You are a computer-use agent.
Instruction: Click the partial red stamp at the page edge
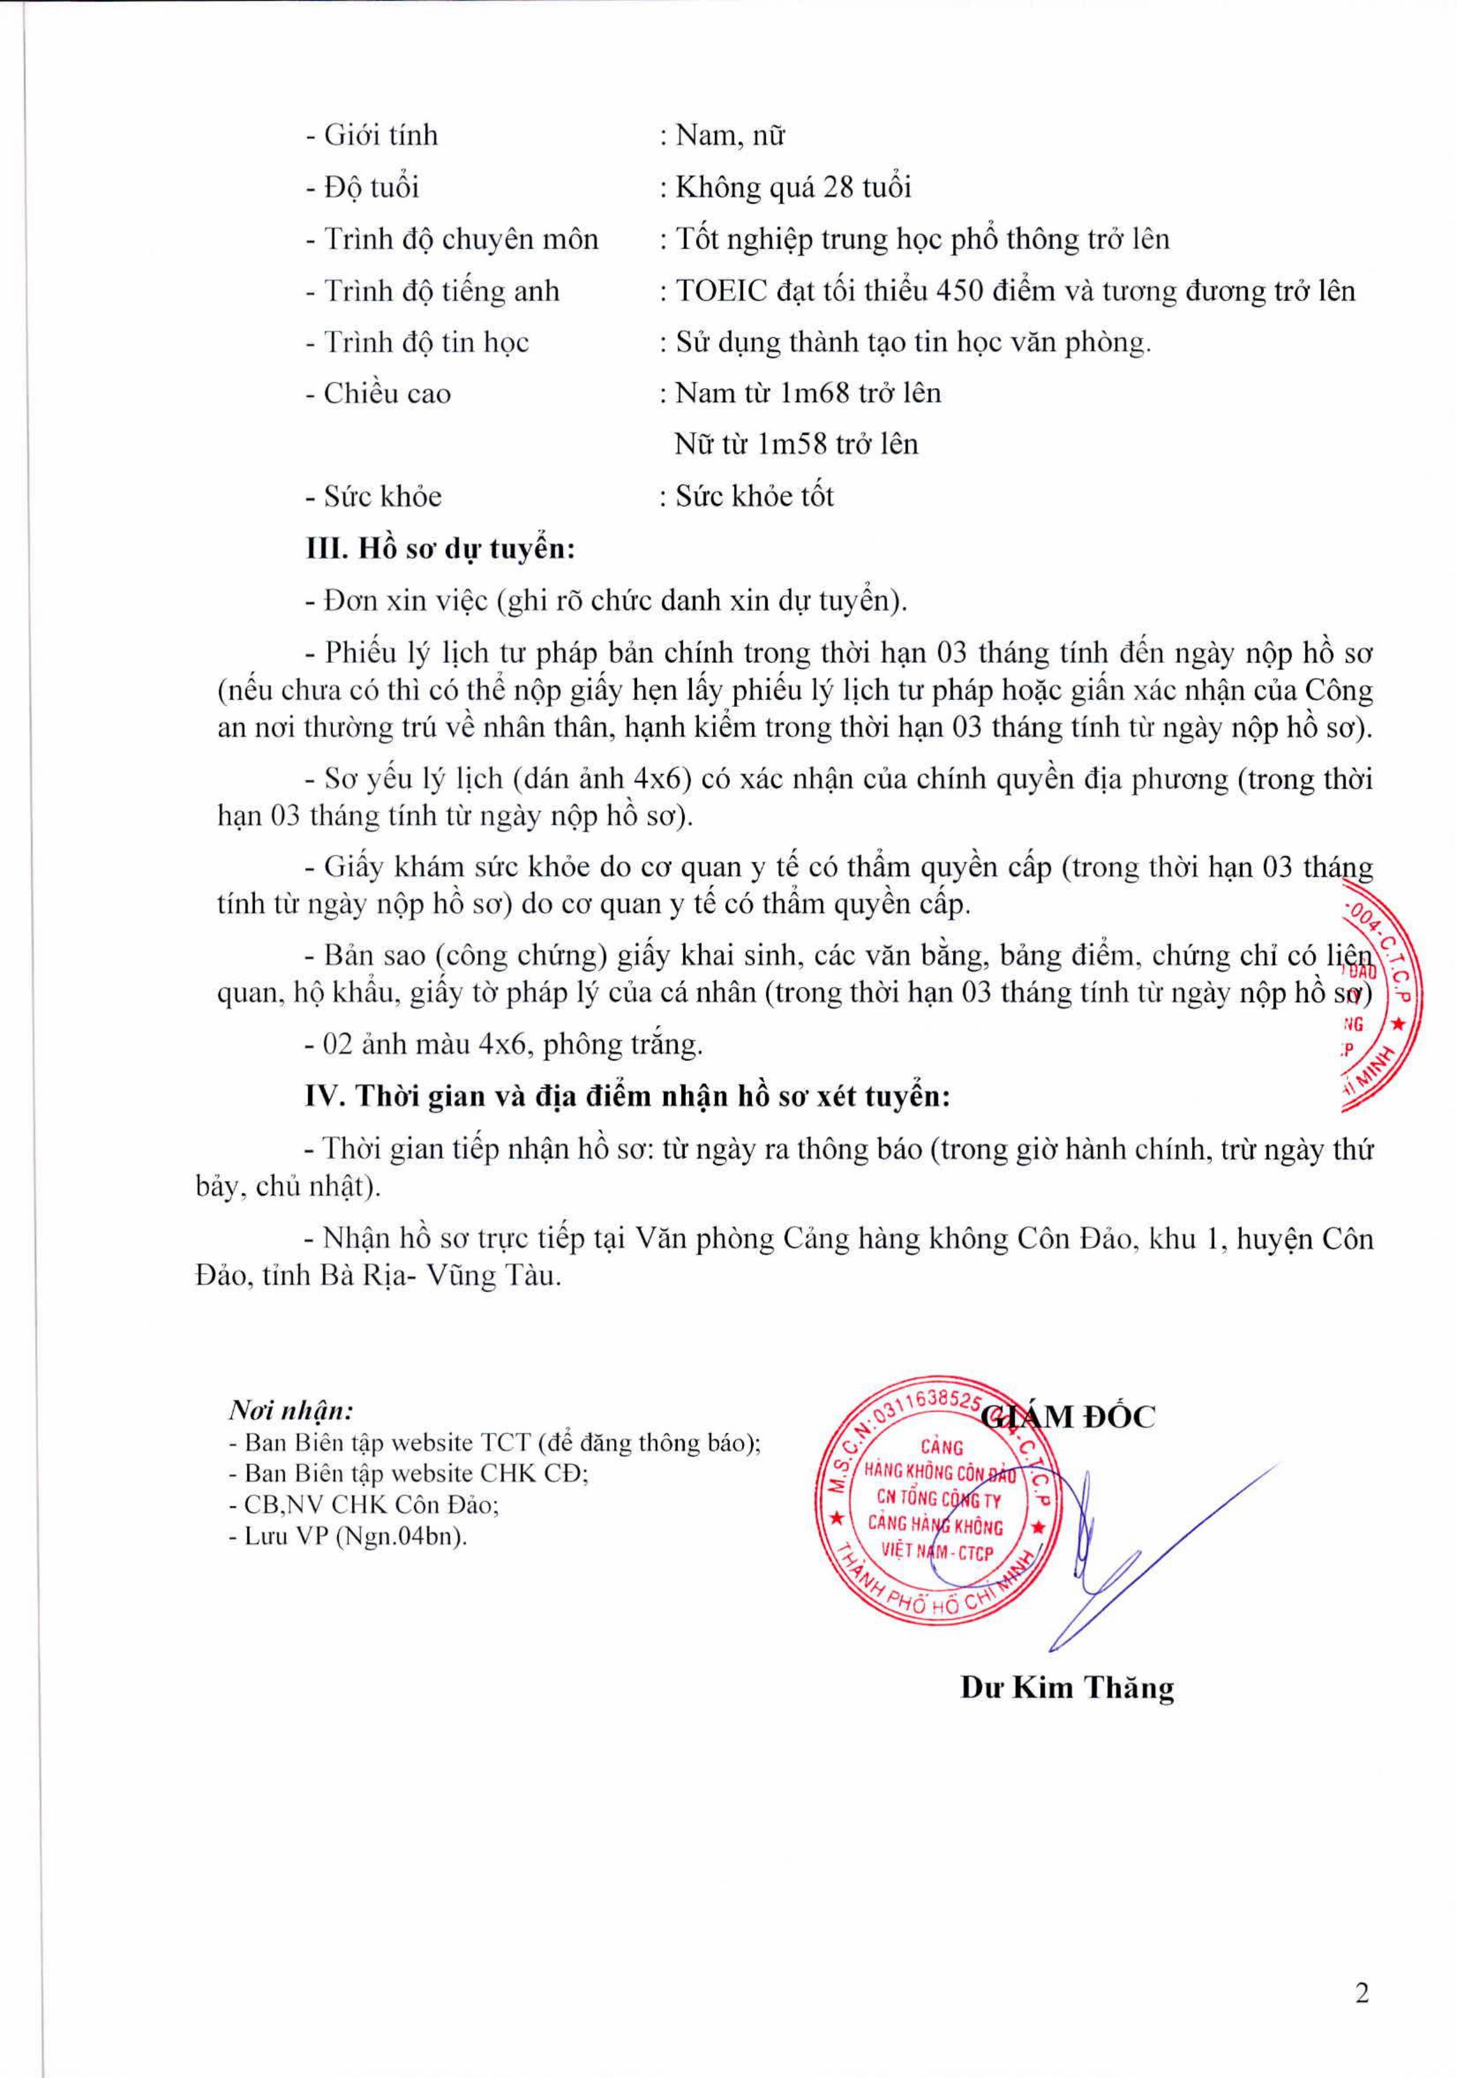[1380, 996]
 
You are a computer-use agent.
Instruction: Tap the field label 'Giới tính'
[381, 136]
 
